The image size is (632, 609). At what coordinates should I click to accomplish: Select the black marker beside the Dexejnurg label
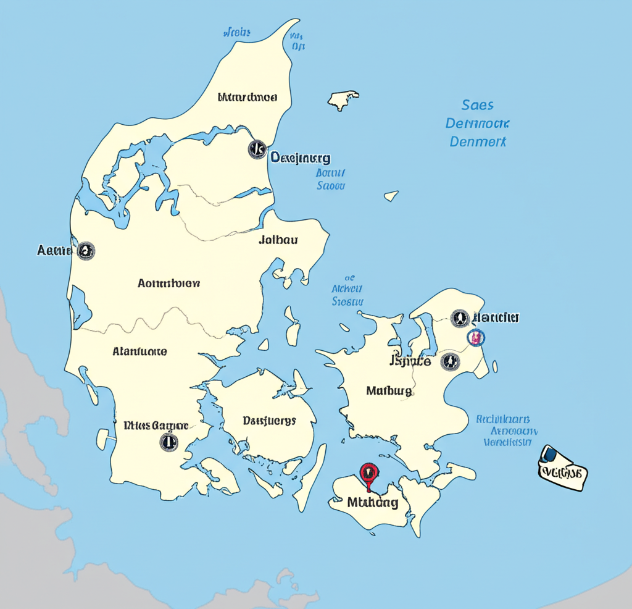coord(257,149)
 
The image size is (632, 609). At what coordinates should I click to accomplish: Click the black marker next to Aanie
coord(86,250)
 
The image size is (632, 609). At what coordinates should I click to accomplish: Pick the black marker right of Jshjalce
coord(450,361)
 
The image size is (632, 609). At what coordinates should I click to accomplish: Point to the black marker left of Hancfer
coord(459,318)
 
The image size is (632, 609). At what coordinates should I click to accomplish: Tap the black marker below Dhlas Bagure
coord(168,441)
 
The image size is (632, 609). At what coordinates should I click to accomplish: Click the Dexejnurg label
coord(301,157)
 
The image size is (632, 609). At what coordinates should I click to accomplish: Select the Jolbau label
coord(278,240)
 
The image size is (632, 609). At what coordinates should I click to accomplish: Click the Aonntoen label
coord(168,283)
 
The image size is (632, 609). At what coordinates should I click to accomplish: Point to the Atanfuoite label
coord(139,351)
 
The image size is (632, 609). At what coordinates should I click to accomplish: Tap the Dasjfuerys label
coord(269,421)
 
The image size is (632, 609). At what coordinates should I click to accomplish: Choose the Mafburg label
coord(389,390)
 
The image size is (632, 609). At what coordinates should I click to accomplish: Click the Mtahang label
coord(372,502)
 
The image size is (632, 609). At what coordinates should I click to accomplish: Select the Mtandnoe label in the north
coord(247,97)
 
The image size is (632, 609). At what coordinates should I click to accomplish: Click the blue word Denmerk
coord(478,141)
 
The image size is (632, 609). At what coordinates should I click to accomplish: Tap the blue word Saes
coord(477,104)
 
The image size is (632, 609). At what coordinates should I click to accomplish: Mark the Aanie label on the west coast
coord(54,250)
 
